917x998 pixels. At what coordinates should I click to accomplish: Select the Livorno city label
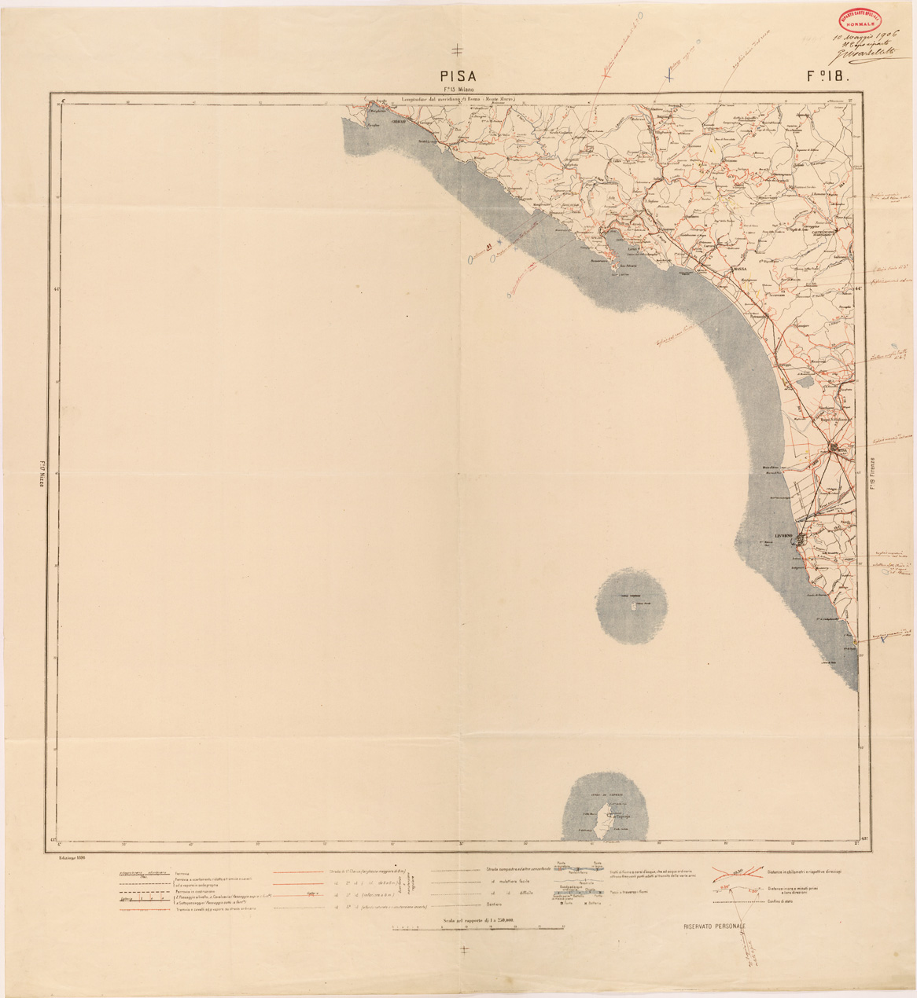(x=784, y=536)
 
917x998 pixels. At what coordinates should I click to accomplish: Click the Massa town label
(x=739, y=269)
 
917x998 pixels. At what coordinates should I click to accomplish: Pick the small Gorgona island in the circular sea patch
(x=631, y=607)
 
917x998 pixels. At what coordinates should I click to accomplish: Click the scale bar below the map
(x=478, y=928)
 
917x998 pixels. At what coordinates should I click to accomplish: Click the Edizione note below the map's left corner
(x=71, y=859)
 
